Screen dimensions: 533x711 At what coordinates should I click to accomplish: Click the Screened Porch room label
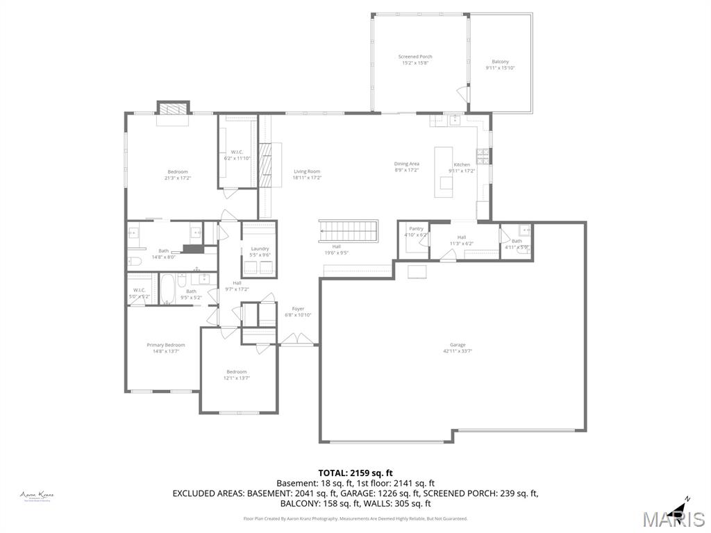click(415, 57)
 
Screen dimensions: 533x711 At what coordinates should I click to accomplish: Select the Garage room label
click(457, 345)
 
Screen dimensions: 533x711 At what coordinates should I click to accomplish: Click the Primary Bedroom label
click(165, 345)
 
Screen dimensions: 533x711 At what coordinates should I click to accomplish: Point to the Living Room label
click(306, 171)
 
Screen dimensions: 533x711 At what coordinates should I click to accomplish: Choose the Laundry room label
click(260, 248)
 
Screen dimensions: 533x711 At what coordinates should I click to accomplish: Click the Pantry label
click(416, 228)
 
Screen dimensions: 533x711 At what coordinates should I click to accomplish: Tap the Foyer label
click(298, 309)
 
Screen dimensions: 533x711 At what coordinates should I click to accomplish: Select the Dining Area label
click(406, 164)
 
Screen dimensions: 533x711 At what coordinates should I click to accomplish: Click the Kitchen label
click(462, 164)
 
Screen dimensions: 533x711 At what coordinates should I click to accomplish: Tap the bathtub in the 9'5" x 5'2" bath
click(167, 289)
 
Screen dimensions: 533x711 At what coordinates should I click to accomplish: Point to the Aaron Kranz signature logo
click(37, 496)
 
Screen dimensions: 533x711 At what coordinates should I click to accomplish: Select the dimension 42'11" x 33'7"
click(457, 351)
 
